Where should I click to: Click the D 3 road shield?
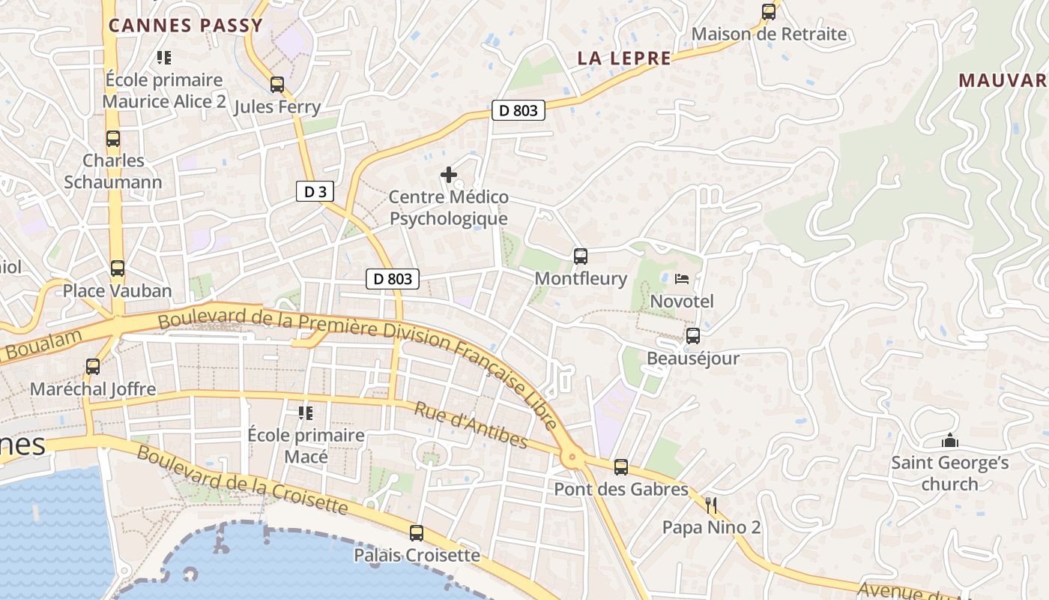click(x=315, y=192)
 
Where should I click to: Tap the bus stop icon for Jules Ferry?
click(x=277, y=85)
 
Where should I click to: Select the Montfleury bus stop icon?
click(x=581, y=256)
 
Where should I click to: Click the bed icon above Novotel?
click(x=682, y=279)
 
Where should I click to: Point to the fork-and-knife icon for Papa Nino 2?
click(x=711, y=505)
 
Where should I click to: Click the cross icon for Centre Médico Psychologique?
click(x=449, y=175)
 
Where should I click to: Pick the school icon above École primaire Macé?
click(x=306, y=412)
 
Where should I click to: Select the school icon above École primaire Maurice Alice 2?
click(x=164, y=57)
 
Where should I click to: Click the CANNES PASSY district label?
click(x=186, y=25)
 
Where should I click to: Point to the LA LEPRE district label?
click(x=624, y=58)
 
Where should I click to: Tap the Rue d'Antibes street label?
click(x=471, y=425)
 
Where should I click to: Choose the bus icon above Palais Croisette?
click(x=417, y=533)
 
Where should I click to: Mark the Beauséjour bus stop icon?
click(x=693, y=336)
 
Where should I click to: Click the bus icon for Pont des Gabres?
click(x=621, y=467)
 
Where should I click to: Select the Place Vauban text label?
click(x=118, y=290)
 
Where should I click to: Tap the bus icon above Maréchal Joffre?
click(x=93, y=367)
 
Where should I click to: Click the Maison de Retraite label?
click(x=769, y=34)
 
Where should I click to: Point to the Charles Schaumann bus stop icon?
click(x=113, y=139)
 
